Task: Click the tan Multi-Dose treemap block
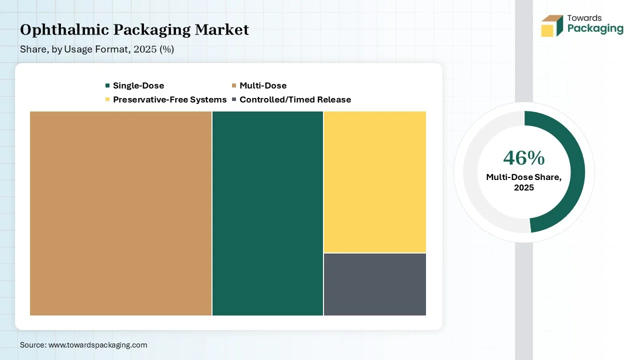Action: [120, 213]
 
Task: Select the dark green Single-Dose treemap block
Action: [267, 213]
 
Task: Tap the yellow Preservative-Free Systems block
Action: [375, 182]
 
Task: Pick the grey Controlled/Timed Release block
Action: [375, 284]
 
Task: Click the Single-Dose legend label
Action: [138, 85]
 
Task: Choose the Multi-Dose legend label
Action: [263, 85]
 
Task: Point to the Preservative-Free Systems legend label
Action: [169, 99]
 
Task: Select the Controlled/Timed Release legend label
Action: [295, 99]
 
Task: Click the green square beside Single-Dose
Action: [107, 85]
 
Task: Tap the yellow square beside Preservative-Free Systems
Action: [107, 99]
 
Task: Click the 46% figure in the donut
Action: [523, 158]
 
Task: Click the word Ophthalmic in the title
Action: [64, 30]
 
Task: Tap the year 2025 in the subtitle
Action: [145, 49]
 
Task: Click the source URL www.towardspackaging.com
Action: [97, 345]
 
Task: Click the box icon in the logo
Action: [552, 25]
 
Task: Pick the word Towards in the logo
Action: [584, 18]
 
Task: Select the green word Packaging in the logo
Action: [595, 29]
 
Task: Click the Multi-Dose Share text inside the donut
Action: [523, 177]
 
